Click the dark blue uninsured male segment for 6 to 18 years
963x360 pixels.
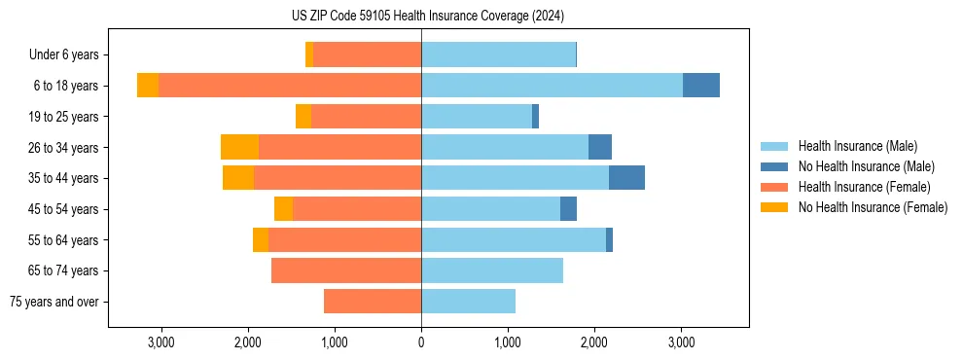[700, 85]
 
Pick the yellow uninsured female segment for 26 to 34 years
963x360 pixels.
[239, 147]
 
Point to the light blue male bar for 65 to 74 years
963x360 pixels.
[491, 270]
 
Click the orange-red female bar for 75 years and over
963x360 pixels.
[373, 302]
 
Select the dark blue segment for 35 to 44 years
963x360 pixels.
[626, 178]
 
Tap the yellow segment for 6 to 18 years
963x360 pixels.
[148, 85]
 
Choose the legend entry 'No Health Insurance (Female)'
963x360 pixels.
[873, 207]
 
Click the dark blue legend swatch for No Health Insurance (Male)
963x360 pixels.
[774, 166]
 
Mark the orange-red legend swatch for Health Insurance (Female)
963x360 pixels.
[774, 187]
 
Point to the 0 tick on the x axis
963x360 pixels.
[421, 342]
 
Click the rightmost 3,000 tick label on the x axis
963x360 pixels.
[681, 342]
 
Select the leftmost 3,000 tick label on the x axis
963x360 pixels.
[160, 342]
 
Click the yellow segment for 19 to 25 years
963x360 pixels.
[303, 116]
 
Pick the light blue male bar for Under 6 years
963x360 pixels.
[498, 54]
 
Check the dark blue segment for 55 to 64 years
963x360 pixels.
[609, 239]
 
